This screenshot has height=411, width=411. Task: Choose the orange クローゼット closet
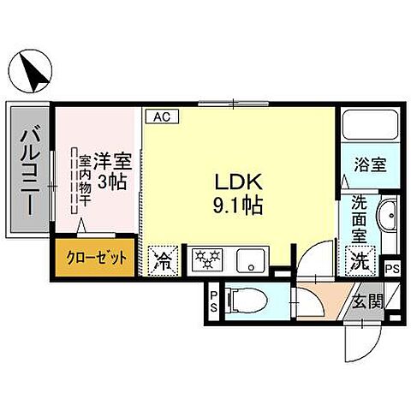click(95, 258)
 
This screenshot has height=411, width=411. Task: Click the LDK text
click(231, 183)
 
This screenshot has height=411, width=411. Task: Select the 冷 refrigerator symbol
click(163, 259)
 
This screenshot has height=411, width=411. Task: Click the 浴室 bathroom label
click(371, 164)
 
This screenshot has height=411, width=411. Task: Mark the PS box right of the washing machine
click(391, 267)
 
